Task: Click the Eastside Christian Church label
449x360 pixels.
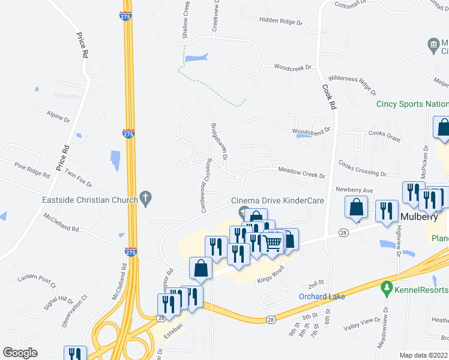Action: (89, 200)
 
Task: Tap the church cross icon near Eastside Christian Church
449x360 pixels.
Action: (145, 197)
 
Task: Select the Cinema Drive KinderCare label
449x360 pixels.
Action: (286, 200)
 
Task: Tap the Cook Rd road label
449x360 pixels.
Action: (329, 96)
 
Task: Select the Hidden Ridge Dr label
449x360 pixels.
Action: (280, 20)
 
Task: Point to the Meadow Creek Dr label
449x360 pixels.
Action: (301, 176)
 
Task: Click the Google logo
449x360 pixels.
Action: (20, 353)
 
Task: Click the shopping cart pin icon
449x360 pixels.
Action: (272, 242)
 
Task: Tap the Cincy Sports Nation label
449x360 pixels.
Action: (412, 104)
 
